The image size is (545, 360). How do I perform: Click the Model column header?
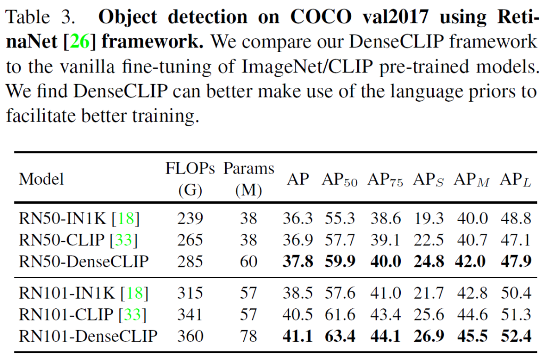coord(41,179)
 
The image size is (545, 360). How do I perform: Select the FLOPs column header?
coord(190,169)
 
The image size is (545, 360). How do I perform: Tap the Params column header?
coord(249,169)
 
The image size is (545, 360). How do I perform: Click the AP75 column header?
coord(385,179)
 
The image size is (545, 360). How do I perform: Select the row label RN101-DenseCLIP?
coord(88,336)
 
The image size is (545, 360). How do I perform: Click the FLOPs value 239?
coord(190,218)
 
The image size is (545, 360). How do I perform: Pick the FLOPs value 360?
coord(190,336)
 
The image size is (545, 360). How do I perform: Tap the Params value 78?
coord(249,336)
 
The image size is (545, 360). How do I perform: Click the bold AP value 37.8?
coord(298,261)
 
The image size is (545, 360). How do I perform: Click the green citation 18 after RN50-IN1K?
coord(129,218)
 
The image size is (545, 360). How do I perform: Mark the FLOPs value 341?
coord(190,315)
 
